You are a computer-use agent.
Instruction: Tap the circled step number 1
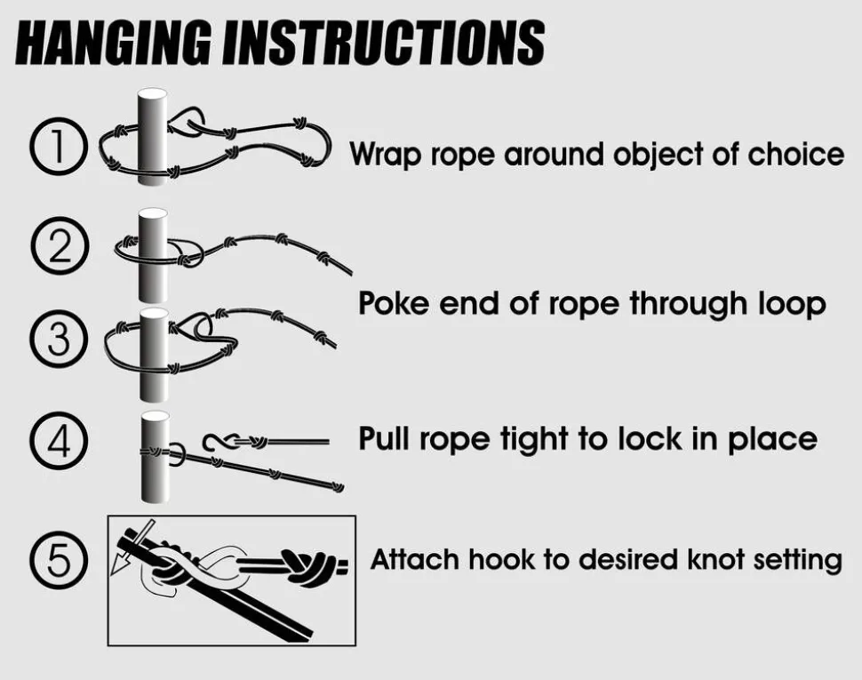[59, 147]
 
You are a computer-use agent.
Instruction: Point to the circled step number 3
[59, 340]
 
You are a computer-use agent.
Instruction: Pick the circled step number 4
[59, 440]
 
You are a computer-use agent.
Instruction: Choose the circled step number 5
[59, 561]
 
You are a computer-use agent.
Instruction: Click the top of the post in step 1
[152, 93]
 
